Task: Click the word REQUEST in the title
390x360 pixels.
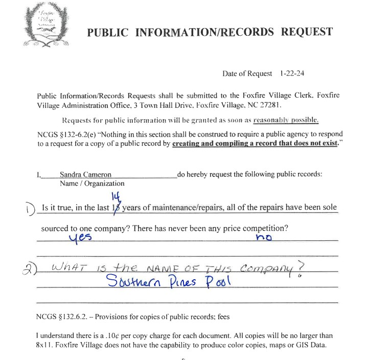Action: click(x=307, y=32)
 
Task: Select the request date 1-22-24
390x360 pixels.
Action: click(x=292, y=74)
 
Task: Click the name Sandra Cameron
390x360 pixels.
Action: click(x=85, y=174)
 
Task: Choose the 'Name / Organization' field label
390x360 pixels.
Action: click(x=92, y=183)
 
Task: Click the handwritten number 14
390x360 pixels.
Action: click(x=114, y=197)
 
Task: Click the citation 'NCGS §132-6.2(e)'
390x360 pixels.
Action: click(x=65, y=134)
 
